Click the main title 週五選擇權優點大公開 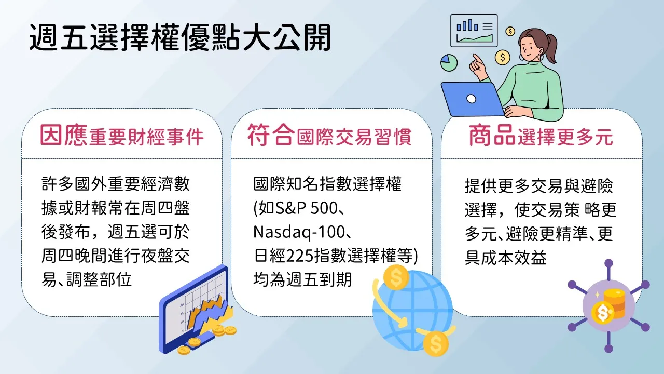click(180, 38)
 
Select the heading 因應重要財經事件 click(122, 136)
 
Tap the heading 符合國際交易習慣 click(329, 136)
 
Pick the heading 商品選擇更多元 click(541, 136)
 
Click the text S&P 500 click(307, 208)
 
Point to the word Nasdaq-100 click(299, 232)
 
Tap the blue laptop click(472, 99)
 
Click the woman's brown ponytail click(550, 47)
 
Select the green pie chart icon click(449, 63)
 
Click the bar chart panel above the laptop click(474, 31)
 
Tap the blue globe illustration click(412, 310)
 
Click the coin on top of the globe click(396, 277)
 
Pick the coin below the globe click(436, 343)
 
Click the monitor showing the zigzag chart click(194, 309)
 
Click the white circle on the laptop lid click(471, 99)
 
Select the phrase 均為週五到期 click(302, 279)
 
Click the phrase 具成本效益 click(505, 258)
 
